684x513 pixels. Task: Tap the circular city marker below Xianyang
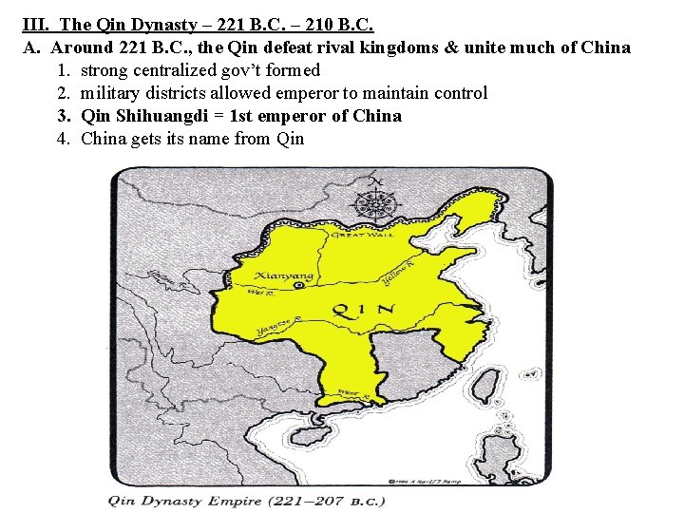point(300,284)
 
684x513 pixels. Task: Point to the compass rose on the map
point(376,202)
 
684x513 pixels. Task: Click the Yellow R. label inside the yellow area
point(398,273)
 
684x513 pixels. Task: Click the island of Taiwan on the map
point(486,383)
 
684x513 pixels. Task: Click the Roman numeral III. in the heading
point(35,25)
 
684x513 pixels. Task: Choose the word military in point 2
point(111,93)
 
